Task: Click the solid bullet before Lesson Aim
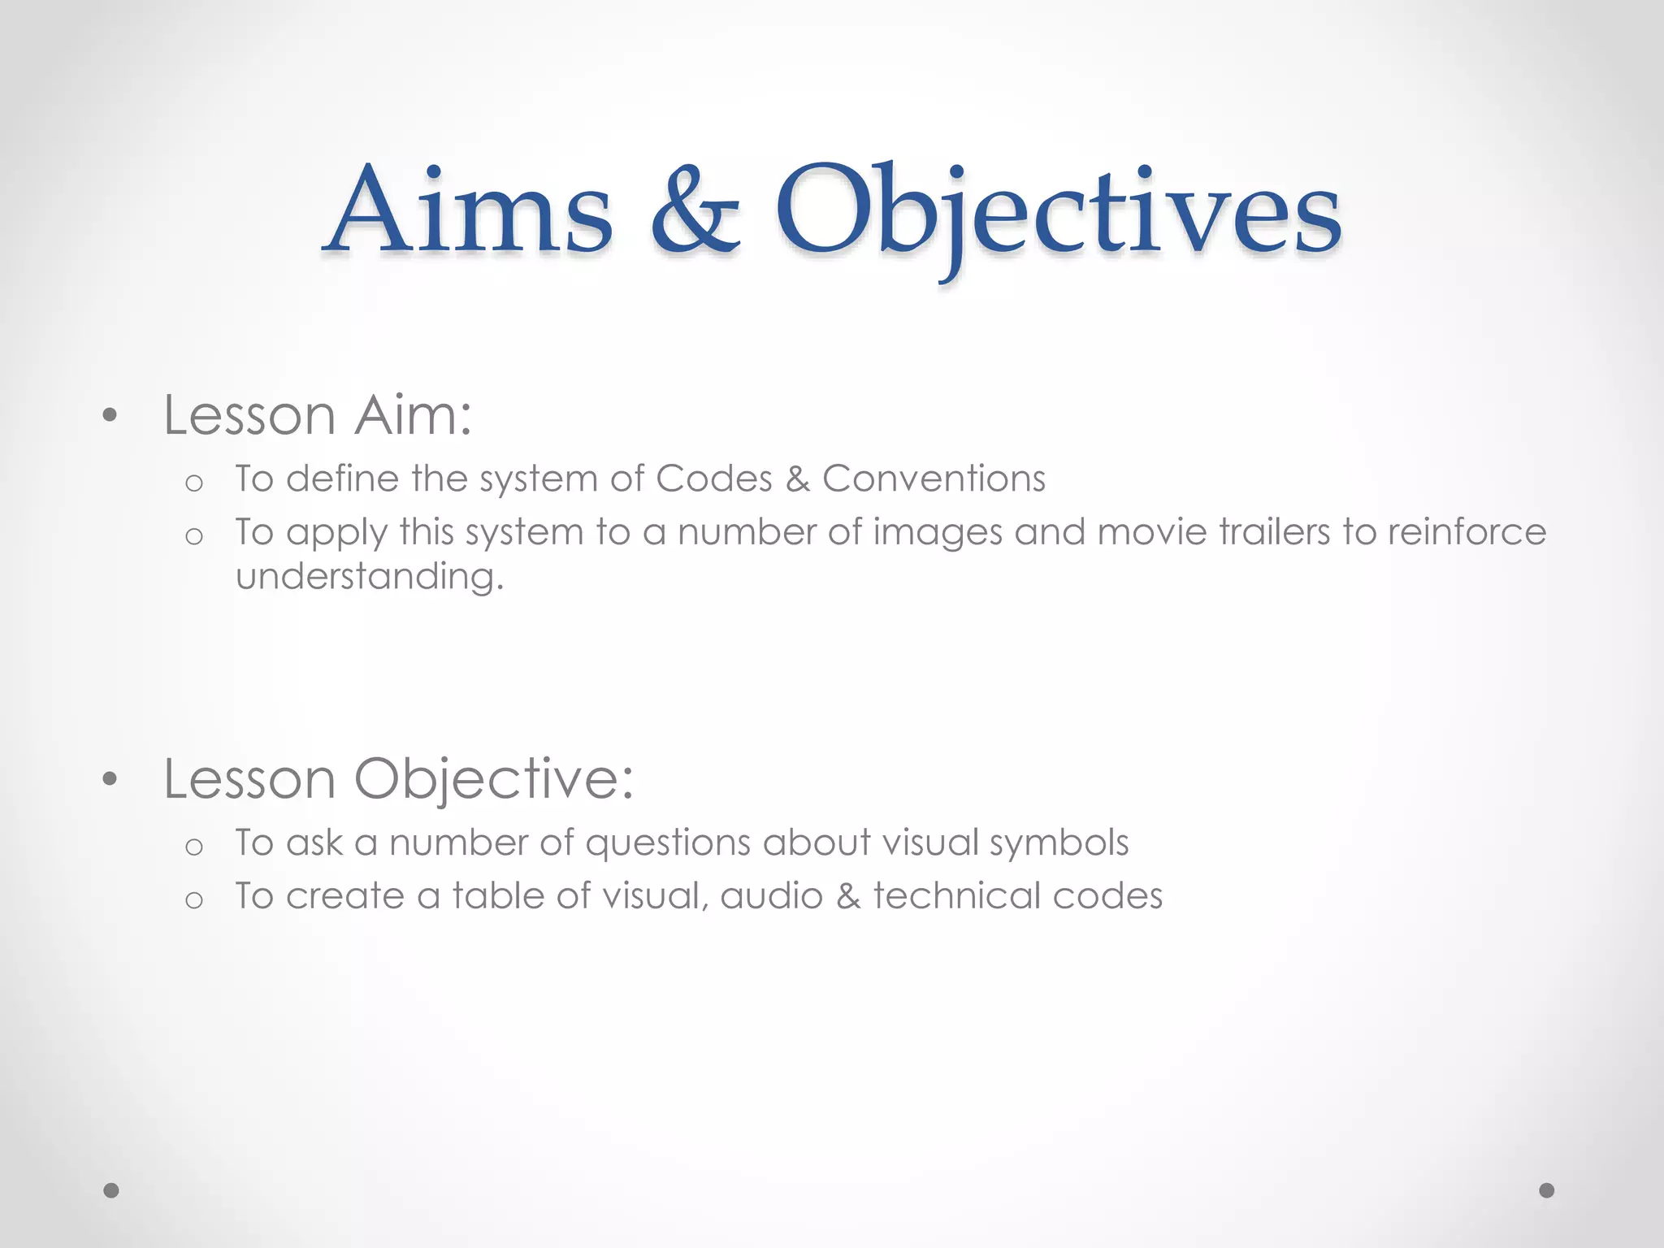pyautogui.click(x=110, y=417)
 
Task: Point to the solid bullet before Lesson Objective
pyautogui.click(x=110, y=780)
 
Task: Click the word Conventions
pyautogui.click(x=934, y=479)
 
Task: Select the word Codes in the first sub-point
pyautogui.click(x=713, y=479)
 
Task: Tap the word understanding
pyautogui.click(x=370, y=577)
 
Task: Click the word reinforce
pyautogui.click(x=1467, y=532)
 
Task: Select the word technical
pyautogui.click(x=956, y=896)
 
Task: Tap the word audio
pyautogui.click(x=771, y=896)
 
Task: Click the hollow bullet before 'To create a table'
pyautogui.click(x=193, y=900)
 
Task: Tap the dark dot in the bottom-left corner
pyautogui.click(x=111, y=1190)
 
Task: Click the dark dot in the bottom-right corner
pyautogui.click(x=1547, y=1190)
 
